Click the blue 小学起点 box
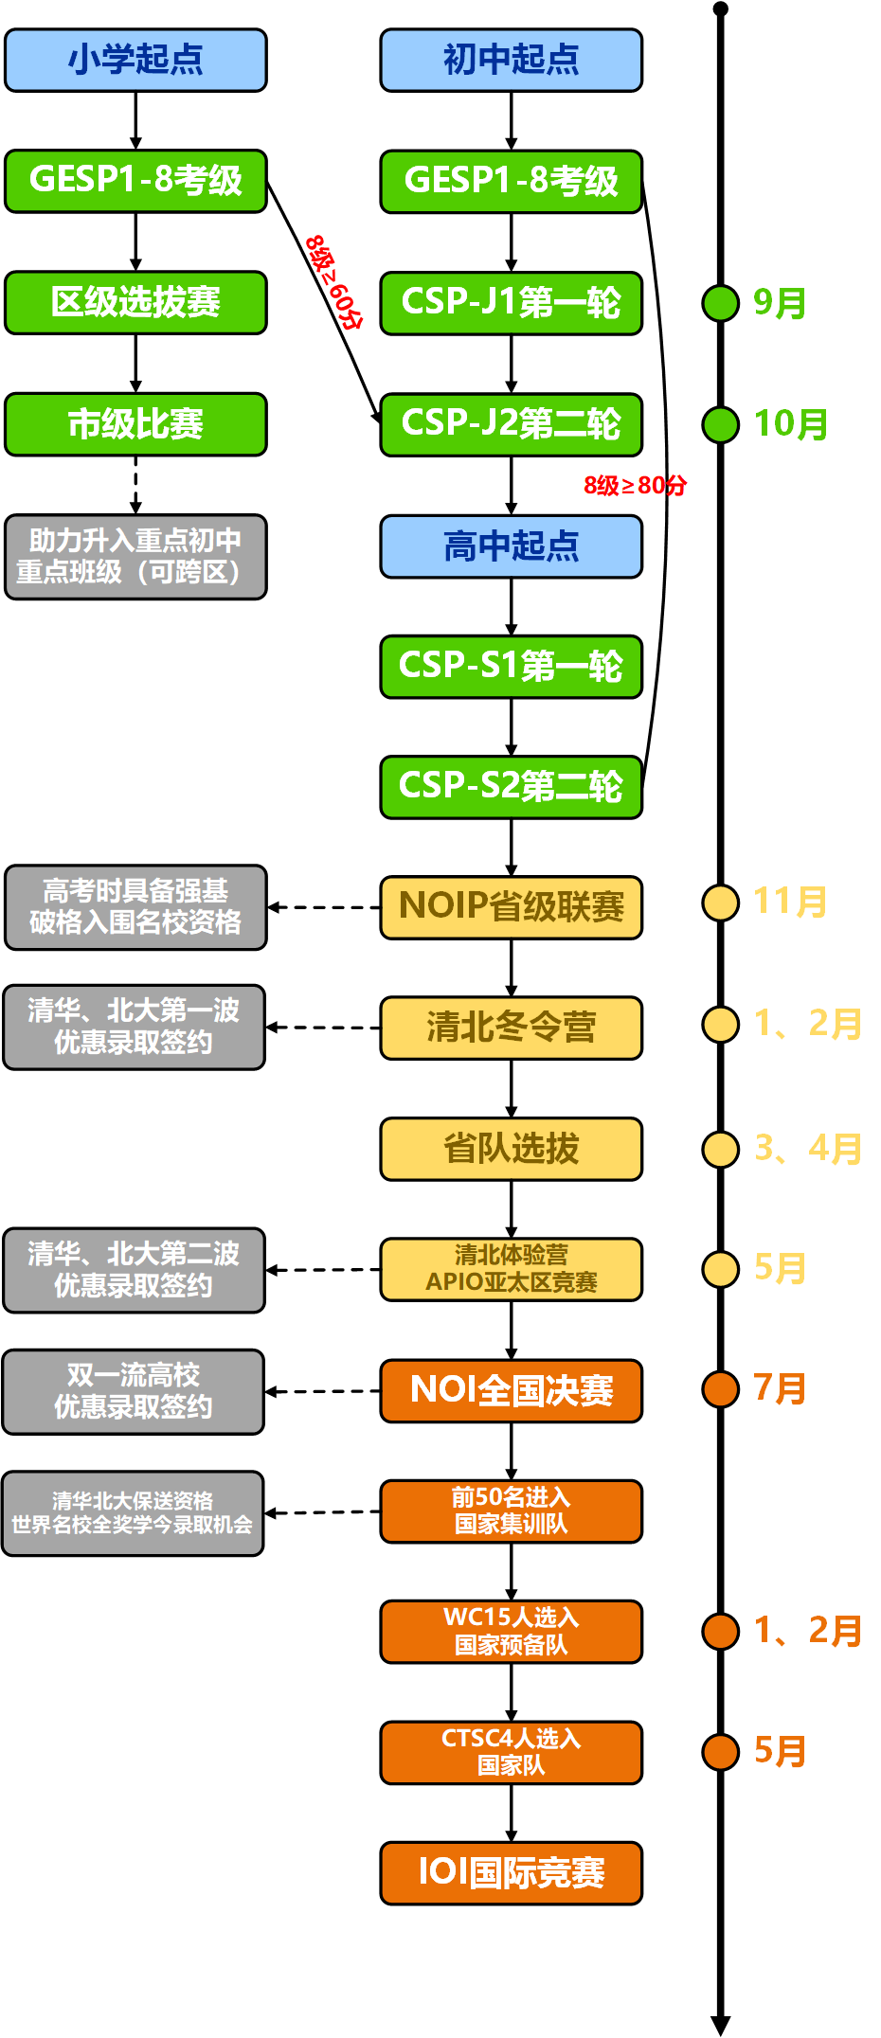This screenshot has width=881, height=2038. click(135, 60)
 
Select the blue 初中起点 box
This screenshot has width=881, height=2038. click(511, 60)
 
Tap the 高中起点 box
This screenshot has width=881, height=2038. click(511, 546)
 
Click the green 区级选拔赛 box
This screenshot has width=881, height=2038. click(135, 303)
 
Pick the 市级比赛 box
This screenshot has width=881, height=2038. click(135, 424)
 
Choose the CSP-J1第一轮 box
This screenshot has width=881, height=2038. click(511, 303)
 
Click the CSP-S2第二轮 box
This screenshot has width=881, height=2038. click(511, 787)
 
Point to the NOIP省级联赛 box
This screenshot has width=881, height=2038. click(511, 907)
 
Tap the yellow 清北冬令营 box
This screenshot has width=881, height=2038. click(511, 1028)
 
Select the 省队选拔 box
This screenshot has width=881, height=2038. click(511, 1149)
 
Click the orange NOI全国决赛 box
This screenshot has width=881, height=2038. click(511, 1391)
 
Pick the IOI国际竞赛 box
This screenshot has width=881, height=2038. click(511, 1872)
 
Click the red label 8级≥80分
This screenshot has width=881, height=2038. click(635, 486)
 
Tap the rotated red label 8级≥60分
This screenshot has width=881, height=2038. click(333, 281)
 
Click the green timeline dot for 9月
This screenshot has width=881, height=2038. click(720, 303)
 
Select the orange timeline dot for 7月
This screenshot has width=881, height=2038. click(720, 1389)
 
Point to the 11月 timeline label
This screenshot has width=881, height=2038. click(789, 902)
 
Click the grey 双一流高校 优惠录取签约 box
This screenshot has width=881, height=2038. click(134, 1391)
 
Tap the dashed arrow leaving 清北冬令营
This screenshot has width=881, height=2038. click(322, 1028)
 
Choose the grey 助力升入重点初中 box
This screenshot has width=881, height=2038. click(135, 557)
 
